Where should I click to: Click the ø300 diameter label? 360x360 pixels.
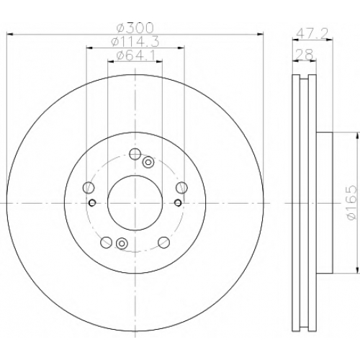[135, 28]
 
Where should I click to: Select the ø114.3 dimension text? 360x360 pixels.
[135, 42]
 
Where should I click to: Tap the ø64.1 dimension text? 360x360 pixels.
[135, 55]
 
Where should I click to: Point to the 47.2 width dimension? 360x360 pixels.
[312, 34]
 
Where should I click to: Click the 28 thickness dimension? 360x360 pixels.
[304, 54]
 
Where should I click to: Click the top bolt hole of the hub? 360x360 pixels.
[135, 154]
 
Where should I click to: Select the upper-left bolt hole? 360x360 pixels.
[89, 187]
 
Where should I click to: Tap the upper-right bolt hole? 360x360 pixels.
[181, 187]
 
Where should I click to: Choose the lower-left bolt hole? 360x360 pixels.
[106, 242]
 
